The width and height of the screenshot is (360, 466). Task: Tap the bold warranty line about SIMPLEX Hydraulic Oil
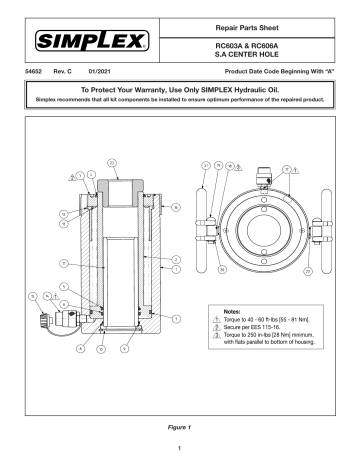179,103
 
